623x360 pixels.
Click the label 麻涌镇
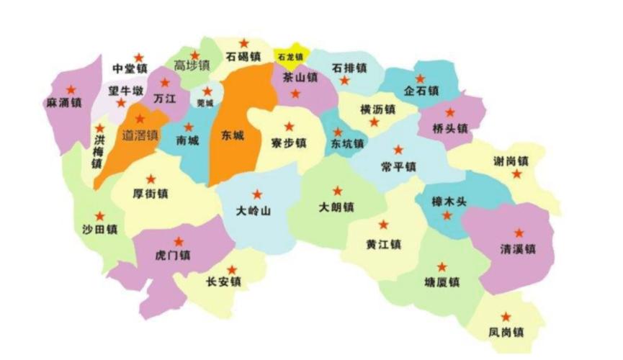pyautogui.click(x=63, y=103)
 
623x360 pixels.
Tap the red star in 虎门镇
pyautogui.click(x=179, y=241)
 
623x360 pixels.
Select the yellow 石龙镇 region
pyautogui.click(x=290, y=56)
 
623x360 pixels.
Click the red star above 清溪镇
pyautogui.click(x=519, y=233)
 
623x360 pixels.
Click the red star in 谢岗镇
pyautogui.click(x=517, y=174)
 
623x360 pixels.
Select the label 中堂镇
pyautogui.click(x=130, y=70)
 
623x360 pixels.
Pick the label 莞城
pyautogui.click(x=206, y=103)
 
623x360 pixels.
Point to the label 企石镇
pyautogui.click(x=421, y=91)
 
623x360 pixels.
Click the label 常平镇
pyautogui.click(x=398, y=167)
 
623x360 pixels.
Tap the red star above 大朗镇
pyautogui.click(x=337, y=191)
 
